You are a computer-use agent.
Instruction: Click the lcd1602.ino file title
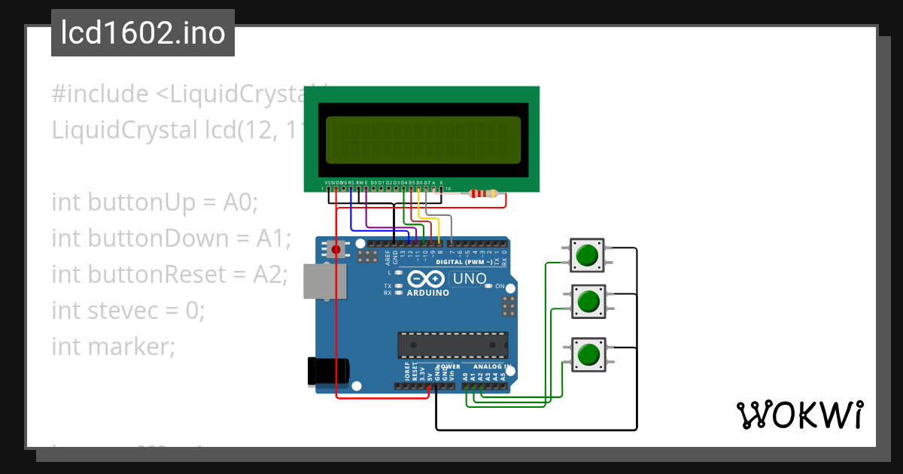point(143,33)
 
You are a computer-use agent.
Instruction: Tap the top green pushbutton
point(586,255)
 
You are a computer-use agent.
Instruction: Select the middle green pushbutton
point(586,302)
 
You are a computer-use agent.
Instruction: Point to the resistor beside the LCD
point(482,193)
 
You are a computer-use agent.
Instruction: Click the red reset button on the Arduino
point(336,248)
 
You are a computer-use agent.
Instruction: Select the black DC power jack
point(329,372)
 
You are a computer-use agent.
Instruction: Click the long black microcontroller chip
point(452,345)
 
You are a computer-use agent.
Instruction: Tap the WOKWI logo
point(799,415)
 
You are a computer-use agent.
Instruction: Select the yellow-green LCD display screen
point(422,140)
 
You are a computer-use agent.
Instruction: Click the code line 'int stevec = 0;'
point(128,310)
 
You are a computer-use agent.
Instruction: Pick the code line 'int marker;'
point(113,347)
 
